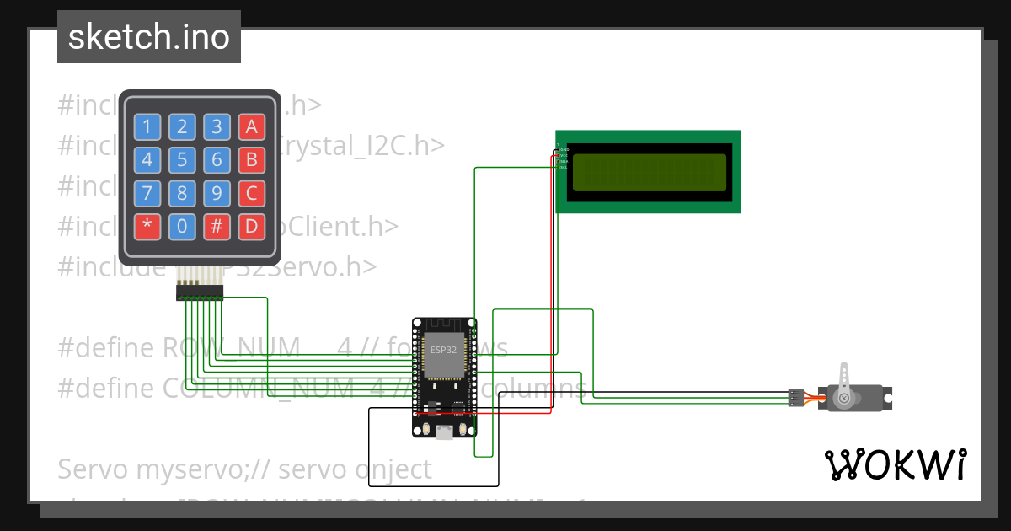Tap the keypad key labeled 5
(182, 159)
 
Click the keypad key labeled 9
(217, 193)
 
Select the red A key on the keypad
(250, 126)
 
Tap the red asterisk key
(147, 226)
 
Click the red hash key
(217, 226)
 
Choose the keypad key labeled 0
(182, 226)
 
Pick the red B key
(250, 159)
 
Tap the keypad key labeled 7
(147, 193)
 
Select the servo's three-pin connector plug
(794, 398)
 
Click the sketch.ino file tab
(149, 37)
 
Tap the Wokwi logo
(895, 464)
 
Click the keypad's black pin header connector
(200, 292)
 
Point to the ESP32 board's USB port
(443, 432)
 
